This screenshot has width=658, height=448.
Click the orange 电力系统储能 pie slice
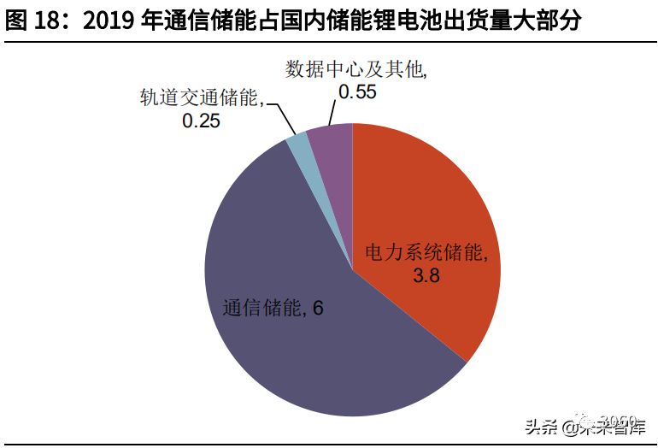coord(427,205)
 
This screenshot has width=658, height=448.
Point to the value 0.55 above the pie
coord(357,92)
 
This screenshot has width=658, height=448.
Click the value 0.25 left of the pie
coord(201,121)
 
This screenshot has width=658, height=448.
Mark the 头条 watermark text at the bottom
coord(540,426)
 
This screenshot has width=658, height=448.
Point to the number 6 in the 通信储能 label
coord(318,309)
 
